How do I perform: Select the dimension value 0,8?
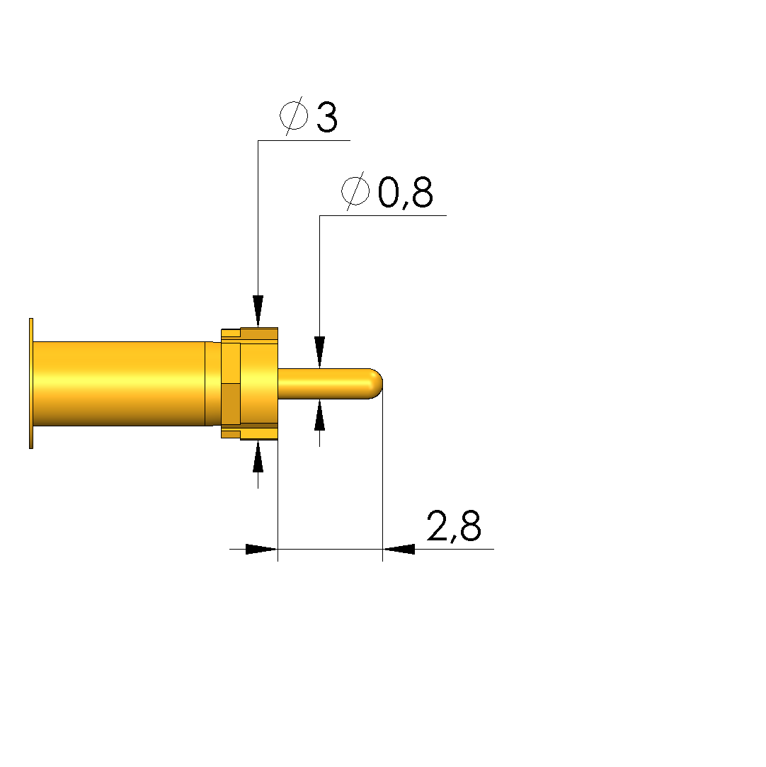coord(405,193)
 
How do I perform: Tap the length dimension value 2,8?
coord(454,526)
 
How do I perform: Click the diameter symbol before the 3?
coord(295,115)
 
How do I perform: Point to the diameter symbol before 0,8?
coord(355,191)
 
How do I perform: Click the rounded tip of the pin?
coord(377,384)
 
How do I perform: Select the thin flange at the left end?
coord(31,383)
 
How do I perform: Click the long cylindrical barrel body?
coord(119,384)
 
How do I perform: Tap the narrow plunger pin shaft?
coord(324,384)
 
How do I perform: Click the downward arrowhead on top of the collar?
coord(258,311)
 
